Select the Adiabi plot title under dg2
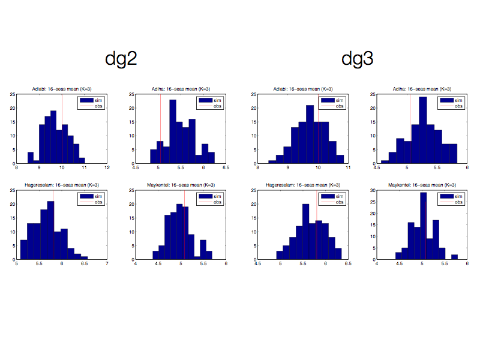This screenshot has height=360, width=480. (61, 89)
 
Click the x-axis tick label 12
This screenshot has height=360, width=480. (107, 167)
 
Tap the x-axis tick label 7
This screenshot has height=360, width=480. (107, 263)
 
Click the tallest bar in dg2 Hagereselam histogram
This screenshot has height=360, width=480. (50, 231)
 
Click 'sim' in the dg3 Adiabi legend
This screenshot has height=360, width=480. (339, 100)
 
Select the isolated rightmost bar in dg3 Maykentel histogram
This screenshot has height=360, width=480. (454, 257)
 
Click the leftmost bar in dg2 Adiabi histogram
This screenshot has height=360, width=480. (31, 158)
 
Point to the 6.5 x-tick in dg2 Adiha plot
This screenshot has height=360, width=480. (226, 167)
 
